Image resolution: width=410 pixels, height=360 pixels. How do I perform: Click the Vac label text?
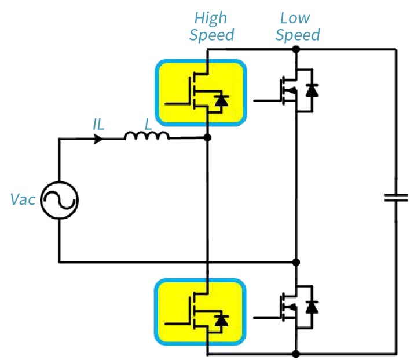pos(23,200)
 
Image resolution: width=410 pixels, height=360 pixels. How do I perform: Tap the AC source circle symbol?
pos(60,201)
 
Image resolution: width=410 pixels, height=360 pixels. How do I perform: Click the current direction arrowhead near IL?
pos(99,139)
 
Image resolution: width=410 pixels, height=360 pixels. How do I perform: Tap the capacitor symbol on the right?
pos(396,198)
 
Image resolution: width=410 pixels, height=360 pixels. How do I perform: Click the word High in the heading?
pos(211,18)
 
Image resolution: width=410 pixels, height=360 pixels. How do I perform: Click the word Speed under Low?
pos(297,35)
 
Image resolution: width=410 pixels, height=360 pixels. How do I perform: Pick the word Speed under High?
pos(211,35)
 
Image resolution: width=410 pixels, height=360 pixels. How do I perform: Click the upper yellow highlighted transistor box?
pos(200,93)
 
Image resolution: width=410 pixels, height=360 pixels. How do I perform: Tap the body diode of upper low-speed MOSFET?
pos(312,90)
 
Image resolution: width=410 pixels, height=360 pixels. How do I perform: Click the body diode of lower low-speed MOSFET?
pos(312,306)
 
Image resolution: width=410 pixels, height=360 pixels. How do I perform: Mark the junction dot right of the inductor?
pos(207,138)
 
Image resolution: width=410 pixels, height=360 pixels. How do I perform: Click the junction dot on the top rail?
pos(296,50)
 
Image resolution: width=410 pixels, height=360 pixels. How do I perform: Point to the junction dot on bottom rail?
pos(296,353)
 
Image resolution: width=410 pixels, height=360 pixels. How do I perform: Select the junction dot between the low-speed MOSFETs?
pos(296,262)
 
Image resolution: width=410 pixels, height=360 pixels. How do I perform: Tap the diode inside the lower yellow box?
pos(221,319)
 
